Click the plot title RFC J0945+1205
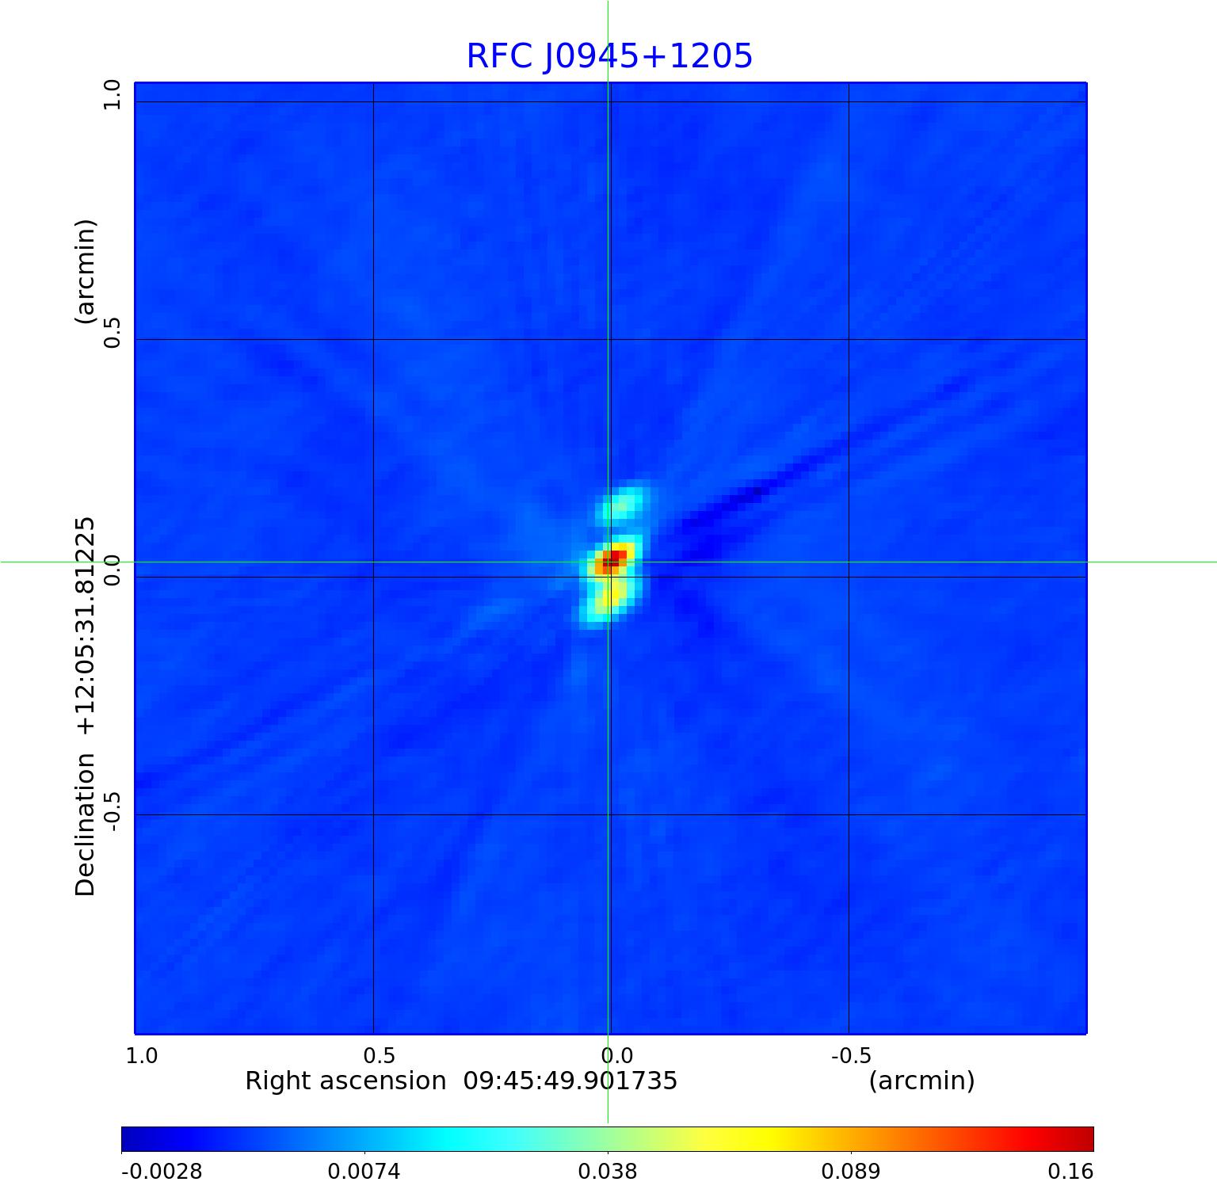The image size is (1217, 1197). point(608,56)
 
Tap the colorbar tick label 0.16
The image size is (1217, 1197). point(1070,1172)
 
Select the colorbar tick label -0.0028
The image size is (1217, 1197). point(162,1172)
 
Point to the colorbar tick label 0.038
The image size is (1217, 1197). point(608,1172)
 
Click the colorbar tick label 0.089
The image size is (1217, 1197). point(850,1172)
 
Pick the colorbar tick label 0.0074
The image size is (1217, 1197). point(364,1172)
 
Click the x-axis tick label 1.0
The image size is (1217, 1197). point(142,1056)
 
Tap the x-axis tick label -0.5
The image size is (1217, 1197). point(851,1056)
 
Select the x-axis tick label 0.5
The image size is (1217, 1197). point(379,1056)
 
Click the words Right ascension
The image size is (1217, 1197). point(345,1081)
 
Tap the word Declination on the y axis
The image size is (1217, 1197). point(85,825)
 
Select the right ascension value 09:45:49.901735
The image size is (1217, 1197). point(570,1081)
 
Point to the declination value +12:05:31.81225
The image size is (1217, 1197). point(85,627)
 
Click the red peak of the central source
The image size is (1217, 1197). point(612,560)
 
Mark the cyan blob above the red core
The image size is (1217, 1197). point(623,504)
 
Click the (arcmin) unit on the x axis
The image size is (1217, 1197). point(921,1081)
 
